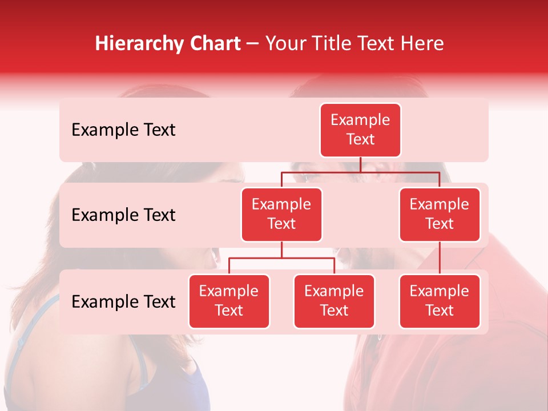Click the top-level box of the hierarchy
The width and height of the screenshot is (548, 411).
pos(360,130)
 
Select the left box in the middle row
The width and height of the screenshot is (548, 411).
pos(281,214)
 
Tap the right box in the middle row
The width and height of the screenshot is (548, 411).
pos(440,214)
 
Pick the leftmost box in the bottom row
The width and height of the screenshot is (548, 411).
pos(229,301)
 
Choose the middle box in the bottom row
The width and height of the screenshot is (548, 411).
pos(334,301)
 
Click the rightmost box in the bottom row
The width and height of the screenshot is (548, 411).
pos(440,301)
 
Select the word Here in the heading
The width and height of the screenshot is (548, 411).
pos(422,43)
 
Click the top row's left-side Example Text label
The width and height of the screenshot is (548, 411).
pos(123,130)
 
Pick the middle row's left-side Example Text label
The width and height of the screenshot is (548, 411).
pos(123,215)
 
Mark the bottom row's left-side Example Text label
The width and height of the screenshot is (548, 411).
pos(123,302)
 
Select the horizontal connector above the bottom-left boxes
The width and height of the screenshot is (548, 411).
pos(281,258)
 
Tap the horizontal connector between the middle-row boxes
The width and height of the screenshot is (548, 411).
pos(360,172)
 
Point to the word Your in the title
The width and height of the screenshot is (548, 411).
pos(285,43)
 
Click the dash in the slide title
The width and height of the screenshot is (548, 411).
pos(253,44)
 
